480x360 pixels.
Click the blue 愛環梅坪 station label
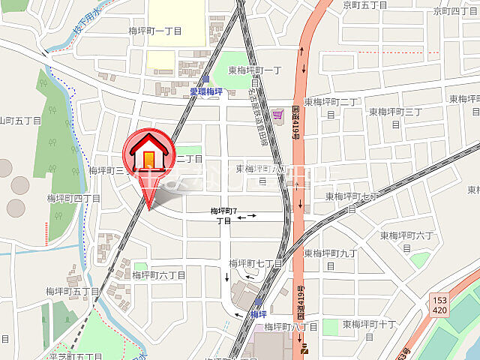click(x=205, y=91)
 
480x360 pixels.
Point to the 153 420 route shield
click(x=441, y=304)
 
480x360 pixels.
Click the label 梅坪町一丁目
click(x=156, y=31)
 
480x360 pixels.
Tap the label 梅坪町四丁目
click(x=73, y=199)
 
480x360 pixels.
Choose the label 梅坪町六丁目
click(x=159, y=275)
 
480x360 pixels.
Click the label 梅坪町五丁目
click(x=73, y=291)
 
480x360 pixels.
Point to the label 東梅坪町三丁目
click(x=394, y=112)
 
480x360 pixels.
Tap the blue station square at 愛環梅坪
click(x=205, y=79)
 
